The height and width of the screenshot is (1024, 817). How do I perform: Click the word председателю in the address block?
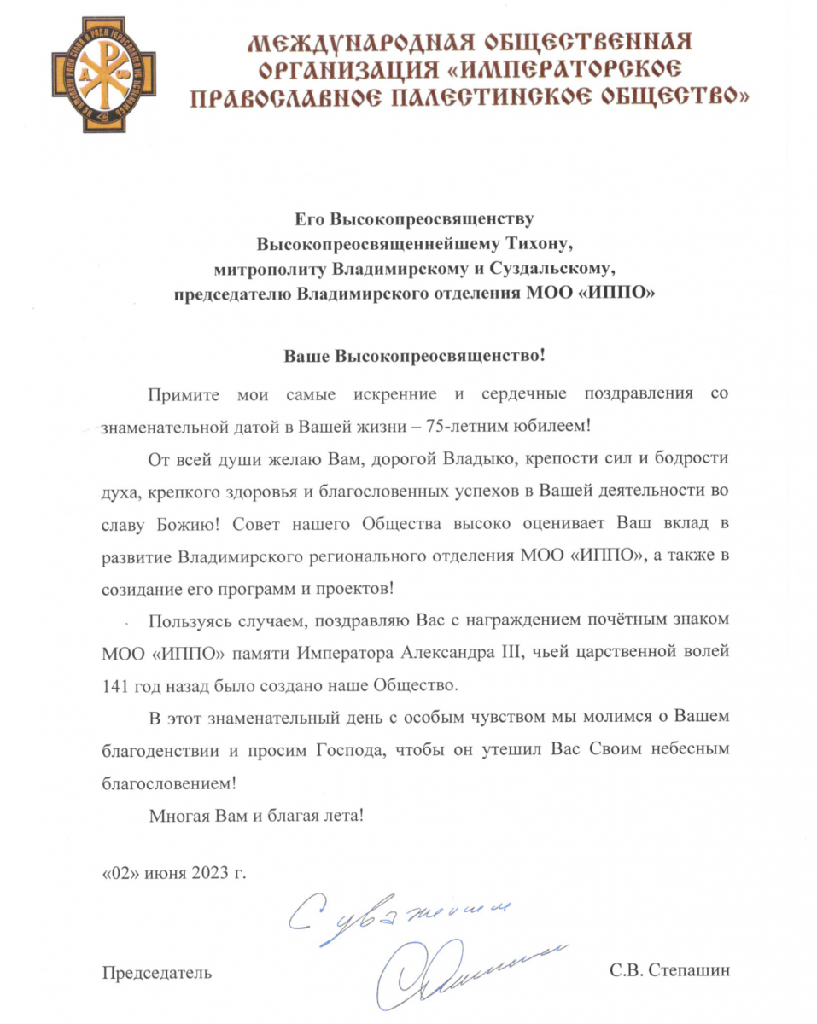click(x=231, y=294)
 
